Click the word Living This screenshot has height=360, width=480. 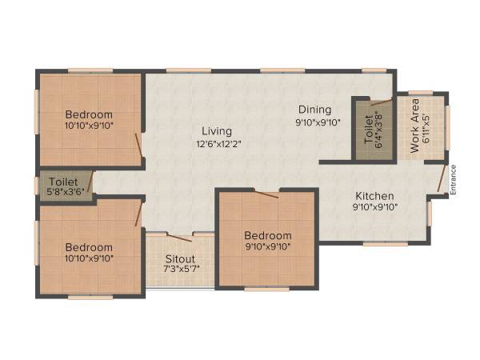coord(217,130)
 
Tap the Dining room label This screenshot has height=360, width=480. coord(314,110)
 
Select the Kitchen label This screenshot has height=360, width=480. coord(374,195)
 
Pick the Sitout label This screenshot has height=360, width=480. coord(179,260)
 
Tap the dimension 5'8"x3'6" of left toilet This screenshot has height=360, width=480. coord(63,193)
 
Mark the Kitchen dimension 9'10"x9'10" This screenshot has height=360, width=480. coord(374,207)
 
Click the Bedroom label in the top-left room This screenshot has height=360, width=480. coord(89,114)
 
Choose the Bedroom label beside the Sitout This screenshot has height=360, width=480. coord(268,235)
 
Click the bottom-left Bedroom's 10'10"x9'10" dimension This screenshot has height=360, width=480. coord(89,258)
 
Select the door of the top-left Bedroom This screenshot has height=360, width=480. coord(139,144)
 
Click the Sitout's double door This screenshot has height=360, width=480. coord(179,236)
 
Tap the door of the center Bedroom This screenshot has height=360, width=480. coord(266,193)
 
